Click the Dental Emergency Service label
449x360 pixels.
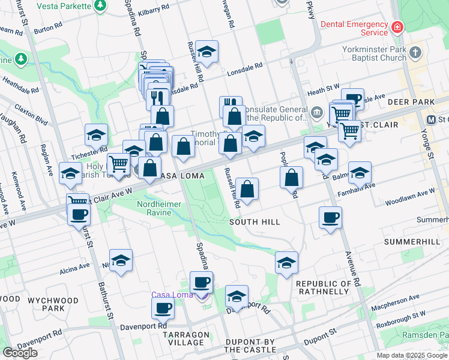[354, 28]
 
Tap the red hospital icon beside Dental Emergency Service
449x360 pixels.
[397, 28]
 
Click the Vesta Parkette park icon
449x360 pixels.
[100, 6]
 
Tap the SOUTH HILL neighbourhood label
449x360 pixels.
[255, 222]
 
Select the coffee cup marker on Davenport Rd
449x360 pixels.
[162, 308]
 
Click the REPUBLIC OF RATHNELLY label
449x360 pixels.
[323, 287]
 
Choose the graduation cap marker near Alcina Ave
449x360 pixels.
[121, 260]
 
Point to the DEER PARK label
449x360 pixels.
[406, 102]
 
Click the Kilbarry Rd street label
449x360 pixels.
[170, 12]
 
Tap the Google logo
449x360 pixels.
[20, 353]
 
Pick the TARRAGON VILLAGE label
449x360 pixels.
[186, 338]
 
